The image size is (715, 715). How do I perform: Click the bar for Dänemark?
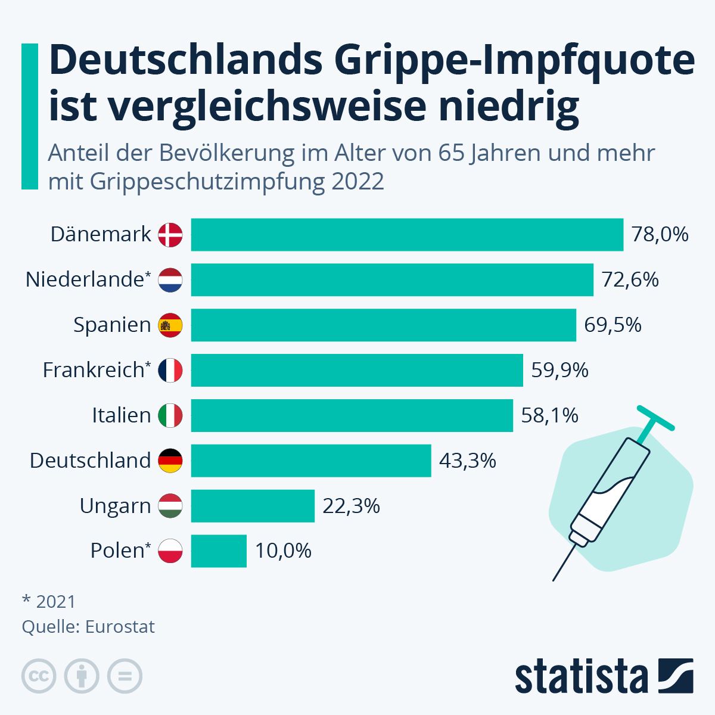tap(407, 235)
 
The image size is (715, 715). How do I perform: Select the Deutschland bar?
tap(311, 461)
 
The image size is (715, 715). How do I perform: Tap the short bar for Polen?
tap(219, 551)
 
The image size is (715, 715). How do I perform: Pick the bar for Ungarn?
tap(253, 506)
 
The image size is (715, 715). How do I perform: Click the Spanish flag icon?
tap(170, 325)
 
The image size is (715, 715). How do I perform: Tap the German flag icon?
tap(170, 461)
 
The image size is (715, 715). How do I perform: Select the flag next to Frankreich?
tap(170, 371)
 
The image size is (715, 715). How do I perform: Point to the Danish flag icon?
tap(170, 235)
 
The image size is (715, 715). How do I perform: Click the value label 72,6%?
tap(630, 279)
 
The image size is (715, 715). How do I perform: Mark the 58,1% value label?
tap(549, 415)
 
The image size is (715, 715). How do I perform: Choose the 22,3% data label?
tap(351, 506)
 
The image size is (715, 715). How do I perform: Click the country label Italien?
tap(121, 415)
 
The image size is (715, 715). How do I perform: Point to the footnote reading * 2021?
tap(49, 602)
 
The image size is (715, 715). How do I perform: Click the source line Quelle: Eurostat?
tap(88, 627)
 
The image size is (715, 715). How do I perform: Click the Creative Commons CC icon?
tap(39, 676)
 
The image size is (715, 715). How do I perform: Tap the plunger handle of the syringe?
tap(655, 418)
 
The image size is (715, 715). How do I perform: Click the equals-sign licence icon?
tap(125, 676)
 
